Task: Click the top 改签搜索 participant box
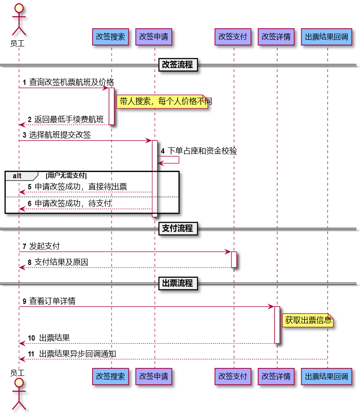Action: tap(111, 37)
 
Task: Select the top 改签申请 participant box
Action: tap(154, 37)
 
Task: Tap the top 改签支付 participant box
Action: tap(233, 37)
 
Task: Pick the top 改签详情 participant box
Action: tap(276, 37)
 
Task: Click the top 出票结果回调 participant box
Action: tap(326, 37)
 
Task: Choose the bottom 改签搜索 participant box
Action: tap(111, 377)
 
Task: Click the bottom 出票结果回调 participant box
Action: tap(326, 377)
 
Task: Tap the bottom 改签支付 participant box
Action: tap(233, 377)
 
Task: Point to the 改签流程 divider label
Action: tap(178, 65)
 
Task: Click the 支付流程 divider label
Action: tap(178, 229)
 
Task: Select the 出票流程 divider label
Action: tap(178, 284)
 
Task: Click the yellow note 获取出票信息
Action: tap(308, 320)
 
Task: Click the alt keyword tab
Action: tap(18, 176)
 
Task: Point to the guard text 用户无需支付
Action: tap(66, 176)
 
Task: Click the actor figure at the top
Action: tap(19, 19)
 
